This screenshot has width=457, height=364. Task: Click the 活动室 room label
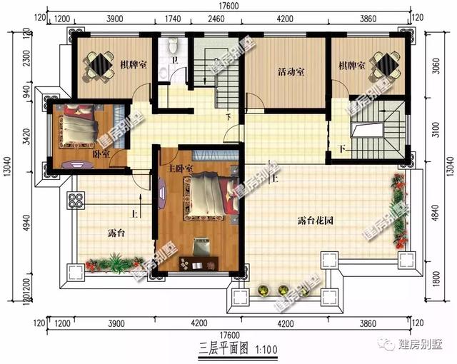coord(291,71)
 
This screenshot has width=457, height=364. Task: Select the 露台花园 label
coord(316,221)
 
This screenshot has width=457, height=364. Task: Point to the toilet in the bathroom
coord(173,46)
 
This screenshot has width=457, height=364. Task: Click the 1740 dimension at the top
coord(173,19)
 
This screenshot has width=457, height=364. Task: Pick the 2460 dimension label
coord(216,19)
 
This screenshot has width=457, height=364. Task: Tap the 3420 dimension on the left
coord(27,136)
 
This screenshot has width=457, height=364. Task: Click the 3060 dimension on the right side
coord(436,66)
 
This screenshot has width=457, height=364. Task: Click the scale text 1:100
coord(266,350)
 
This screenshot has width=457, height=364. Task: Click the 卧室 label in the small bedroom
coord(101,153)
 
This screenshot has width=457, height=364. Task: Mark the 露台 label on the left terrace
coord(116,233)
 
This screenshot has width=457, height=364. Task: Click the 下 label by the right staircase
coord(343,149)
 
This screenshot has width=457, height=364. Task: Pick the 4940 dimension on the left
coord(27,223)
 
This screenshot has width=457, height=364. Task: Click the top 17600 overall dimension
coord(229,6)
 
